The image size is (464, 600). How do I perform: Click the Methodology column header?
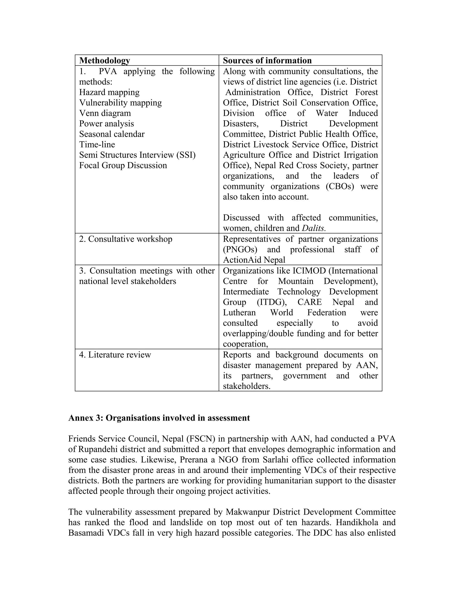104,60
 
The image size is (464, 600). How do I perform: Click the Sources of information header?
267,60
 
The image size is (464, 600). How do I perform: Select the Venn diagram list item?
105,113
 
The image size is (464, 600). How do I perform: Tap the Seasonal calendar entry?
112,134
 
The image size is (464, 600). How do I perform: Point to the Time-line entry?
97,144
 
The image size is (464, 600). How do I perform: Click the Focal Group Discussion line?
123,165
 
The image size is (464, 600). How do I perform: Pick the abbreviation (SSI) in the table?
186,155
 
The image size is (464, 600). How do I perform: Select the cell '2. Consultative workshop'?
126,239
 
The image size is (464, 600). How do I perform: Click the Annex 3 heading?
159,418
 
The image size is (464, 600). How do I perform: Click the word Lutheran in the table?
239,313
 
